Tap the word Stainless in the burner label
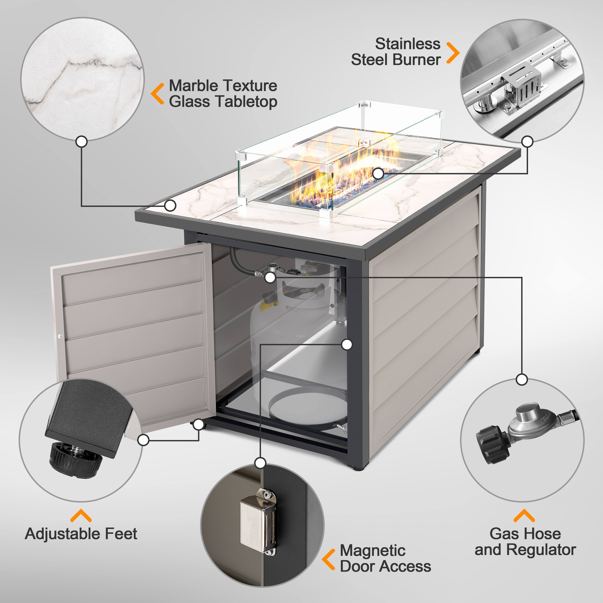pyautogui.click(x=408, y=44)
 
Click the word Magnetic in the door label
pyautogui.click(x=373, y=550)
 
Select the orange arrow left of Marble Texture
pyautogui.click(x=158, y=94)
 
